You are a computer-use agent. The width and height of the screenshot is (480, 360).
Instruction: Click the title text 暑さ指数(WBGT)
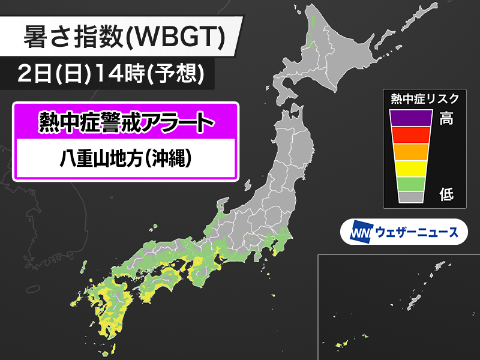tap(124, 38)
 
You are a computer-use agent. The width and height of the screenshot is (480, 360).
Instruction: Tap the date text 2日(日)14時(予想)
tap(112, 74)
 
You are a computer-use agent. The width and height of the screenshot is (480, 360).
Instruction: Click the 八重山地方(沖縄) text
tap(126, 159)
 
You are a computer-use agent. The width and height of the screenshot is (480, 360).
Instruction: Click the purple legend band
tap(410, 118)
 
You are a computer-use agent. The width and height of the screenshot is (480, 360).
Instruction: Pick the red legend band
tap(410, 135)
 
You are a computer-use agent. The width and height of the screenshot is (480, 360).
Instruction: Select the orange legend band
tap(410, 152)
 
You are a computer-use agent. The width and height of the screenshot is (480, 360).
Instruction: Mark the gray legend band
tap(410, 197)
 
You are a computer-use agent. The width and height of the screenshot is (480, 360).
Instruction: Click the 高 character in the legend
tap(446, 118)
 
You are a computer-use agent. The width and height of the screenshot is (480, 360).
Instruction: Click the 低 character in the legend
tap(446, 194)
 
